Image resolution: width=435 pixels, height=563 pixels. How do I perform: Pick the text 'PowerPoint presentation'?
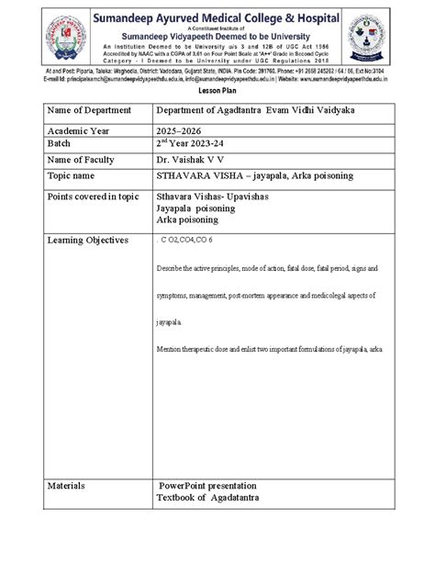click(x=207, y=485)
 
